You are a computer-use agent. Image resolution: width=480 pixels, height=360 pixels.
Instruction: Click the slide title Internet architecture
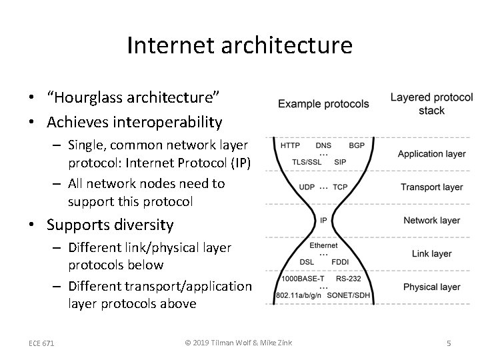tap(239, 45)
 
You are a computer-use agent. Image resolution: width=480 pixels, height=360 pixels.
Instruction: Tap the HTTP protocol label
tap(290, 145)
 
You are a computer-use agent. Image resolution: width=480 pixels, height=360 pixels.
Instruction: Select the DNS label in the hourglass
tap(323, 145)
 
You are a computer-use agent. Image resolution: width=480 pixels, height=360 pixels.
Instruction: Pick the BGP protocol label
tap(357, 145)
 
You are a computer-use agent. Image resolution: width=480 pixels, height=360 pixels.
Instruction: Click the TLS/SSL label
tap(307, 161)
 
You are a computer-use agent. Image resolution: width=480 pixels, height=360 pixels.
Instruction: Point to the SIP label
tap(340, 161)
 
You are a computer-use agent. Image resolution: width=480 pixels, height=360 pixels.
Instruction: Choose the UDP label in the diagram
tap(307, 187)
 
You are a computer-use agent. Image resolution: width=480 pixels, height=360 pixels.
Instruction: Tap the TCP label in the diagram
tap(340, 187)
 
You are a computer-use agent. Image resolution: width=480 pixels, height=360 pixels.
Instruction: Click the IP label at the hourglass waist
tap(323, 220)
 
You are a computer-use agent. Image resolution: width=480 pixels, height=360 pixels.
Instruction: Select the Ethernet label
tap(323, 246)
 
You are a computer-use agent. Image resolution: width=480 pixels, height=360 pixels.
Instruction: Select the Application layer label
tap(431, 154)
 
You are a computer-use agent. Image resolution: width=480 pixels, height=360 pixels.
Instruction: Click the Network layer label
tap(431, 220)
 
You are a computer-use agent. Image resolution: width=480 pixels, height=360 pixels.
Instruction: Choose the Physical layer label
tap(431, 287)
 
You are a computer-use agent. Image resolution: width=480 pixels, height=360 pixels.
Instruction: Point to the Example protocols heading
tap(323, 104)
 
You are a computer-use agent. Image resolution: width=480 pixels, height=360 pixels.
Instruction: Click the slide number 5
tap(449, 343)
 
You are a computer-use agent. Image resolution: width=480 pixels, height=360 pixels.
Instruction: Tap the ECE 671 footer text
tap(41, 343)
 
